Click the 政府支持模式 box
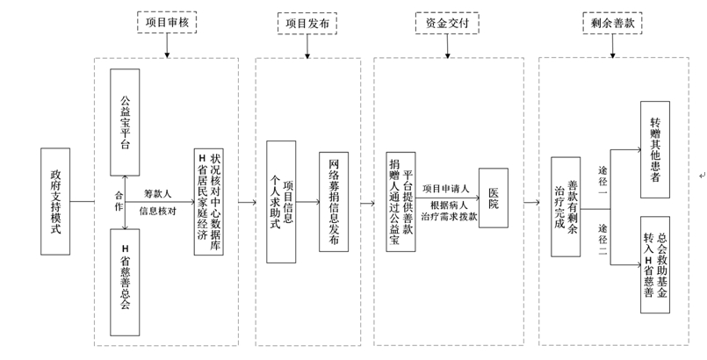point(54,202)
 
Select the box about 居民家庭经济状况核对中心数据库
point(211,203)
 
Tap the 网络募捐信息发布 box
point(335,202)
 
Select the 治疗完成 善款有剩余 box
point(566,206)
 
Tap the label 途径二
point(603,231)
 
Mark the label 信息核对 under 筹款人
point(159,211)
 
